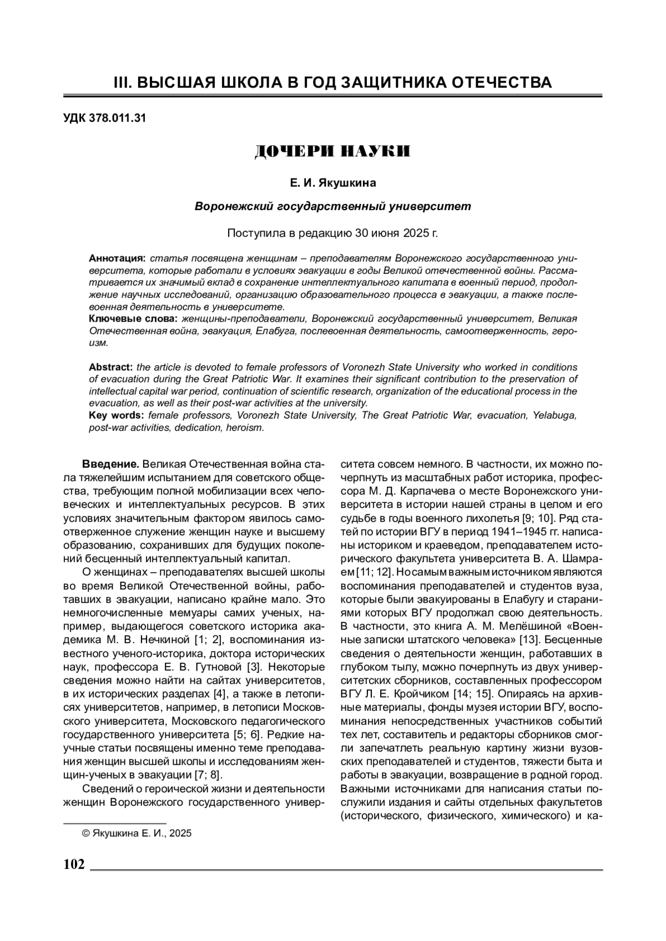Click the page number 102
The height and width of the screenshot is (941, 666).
[74, 864]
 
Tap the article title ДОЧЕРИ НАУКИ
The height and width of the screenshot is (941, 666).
[332, 151]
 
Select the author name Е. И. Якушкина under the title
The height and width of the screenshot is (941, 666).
[332, 182]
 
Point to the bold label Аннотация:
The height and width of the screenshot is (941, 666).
[117, 259]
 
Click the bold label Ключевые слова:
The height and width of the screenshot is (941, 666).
[133, 319]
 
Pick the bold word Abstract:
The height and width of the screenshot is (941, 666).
[110, 367]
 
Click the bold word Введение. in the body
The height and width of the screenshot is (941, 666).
[110, 464]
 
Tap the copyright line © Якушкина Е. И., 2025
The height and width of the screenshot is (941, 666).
[137, 833]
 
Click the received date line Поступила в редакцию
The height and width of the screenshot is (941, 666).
[332, 232]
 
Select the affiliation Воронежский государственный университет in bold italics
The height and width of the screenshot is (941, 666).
[332, 207]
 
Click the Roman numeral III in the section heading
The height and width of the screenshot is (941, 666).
[121, 83]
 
